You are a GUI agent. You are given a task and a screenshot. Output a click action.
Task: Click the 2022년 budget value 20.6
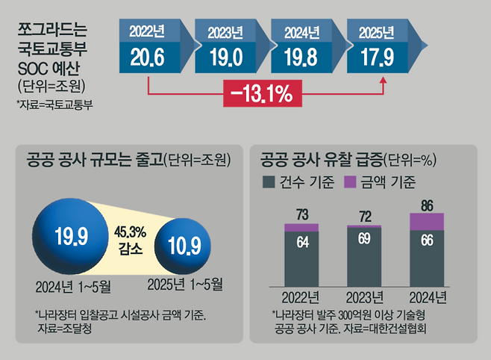coord(146,58)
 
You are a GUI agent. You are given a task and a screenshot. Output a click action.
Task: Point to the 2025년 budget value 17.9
coord(376,58)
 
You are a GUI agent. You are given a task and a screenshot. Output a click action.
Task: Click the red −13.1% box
coord(266,95)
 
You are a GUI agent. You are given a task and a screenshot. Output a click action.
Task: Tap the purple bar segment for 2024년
coord(428,221)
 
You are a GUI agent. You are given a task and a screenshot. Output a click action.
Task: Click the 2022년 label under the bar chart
coord(301,297)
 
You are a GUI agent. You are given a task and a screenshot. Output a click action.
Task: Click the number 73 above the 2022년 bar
coord(301,214)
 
